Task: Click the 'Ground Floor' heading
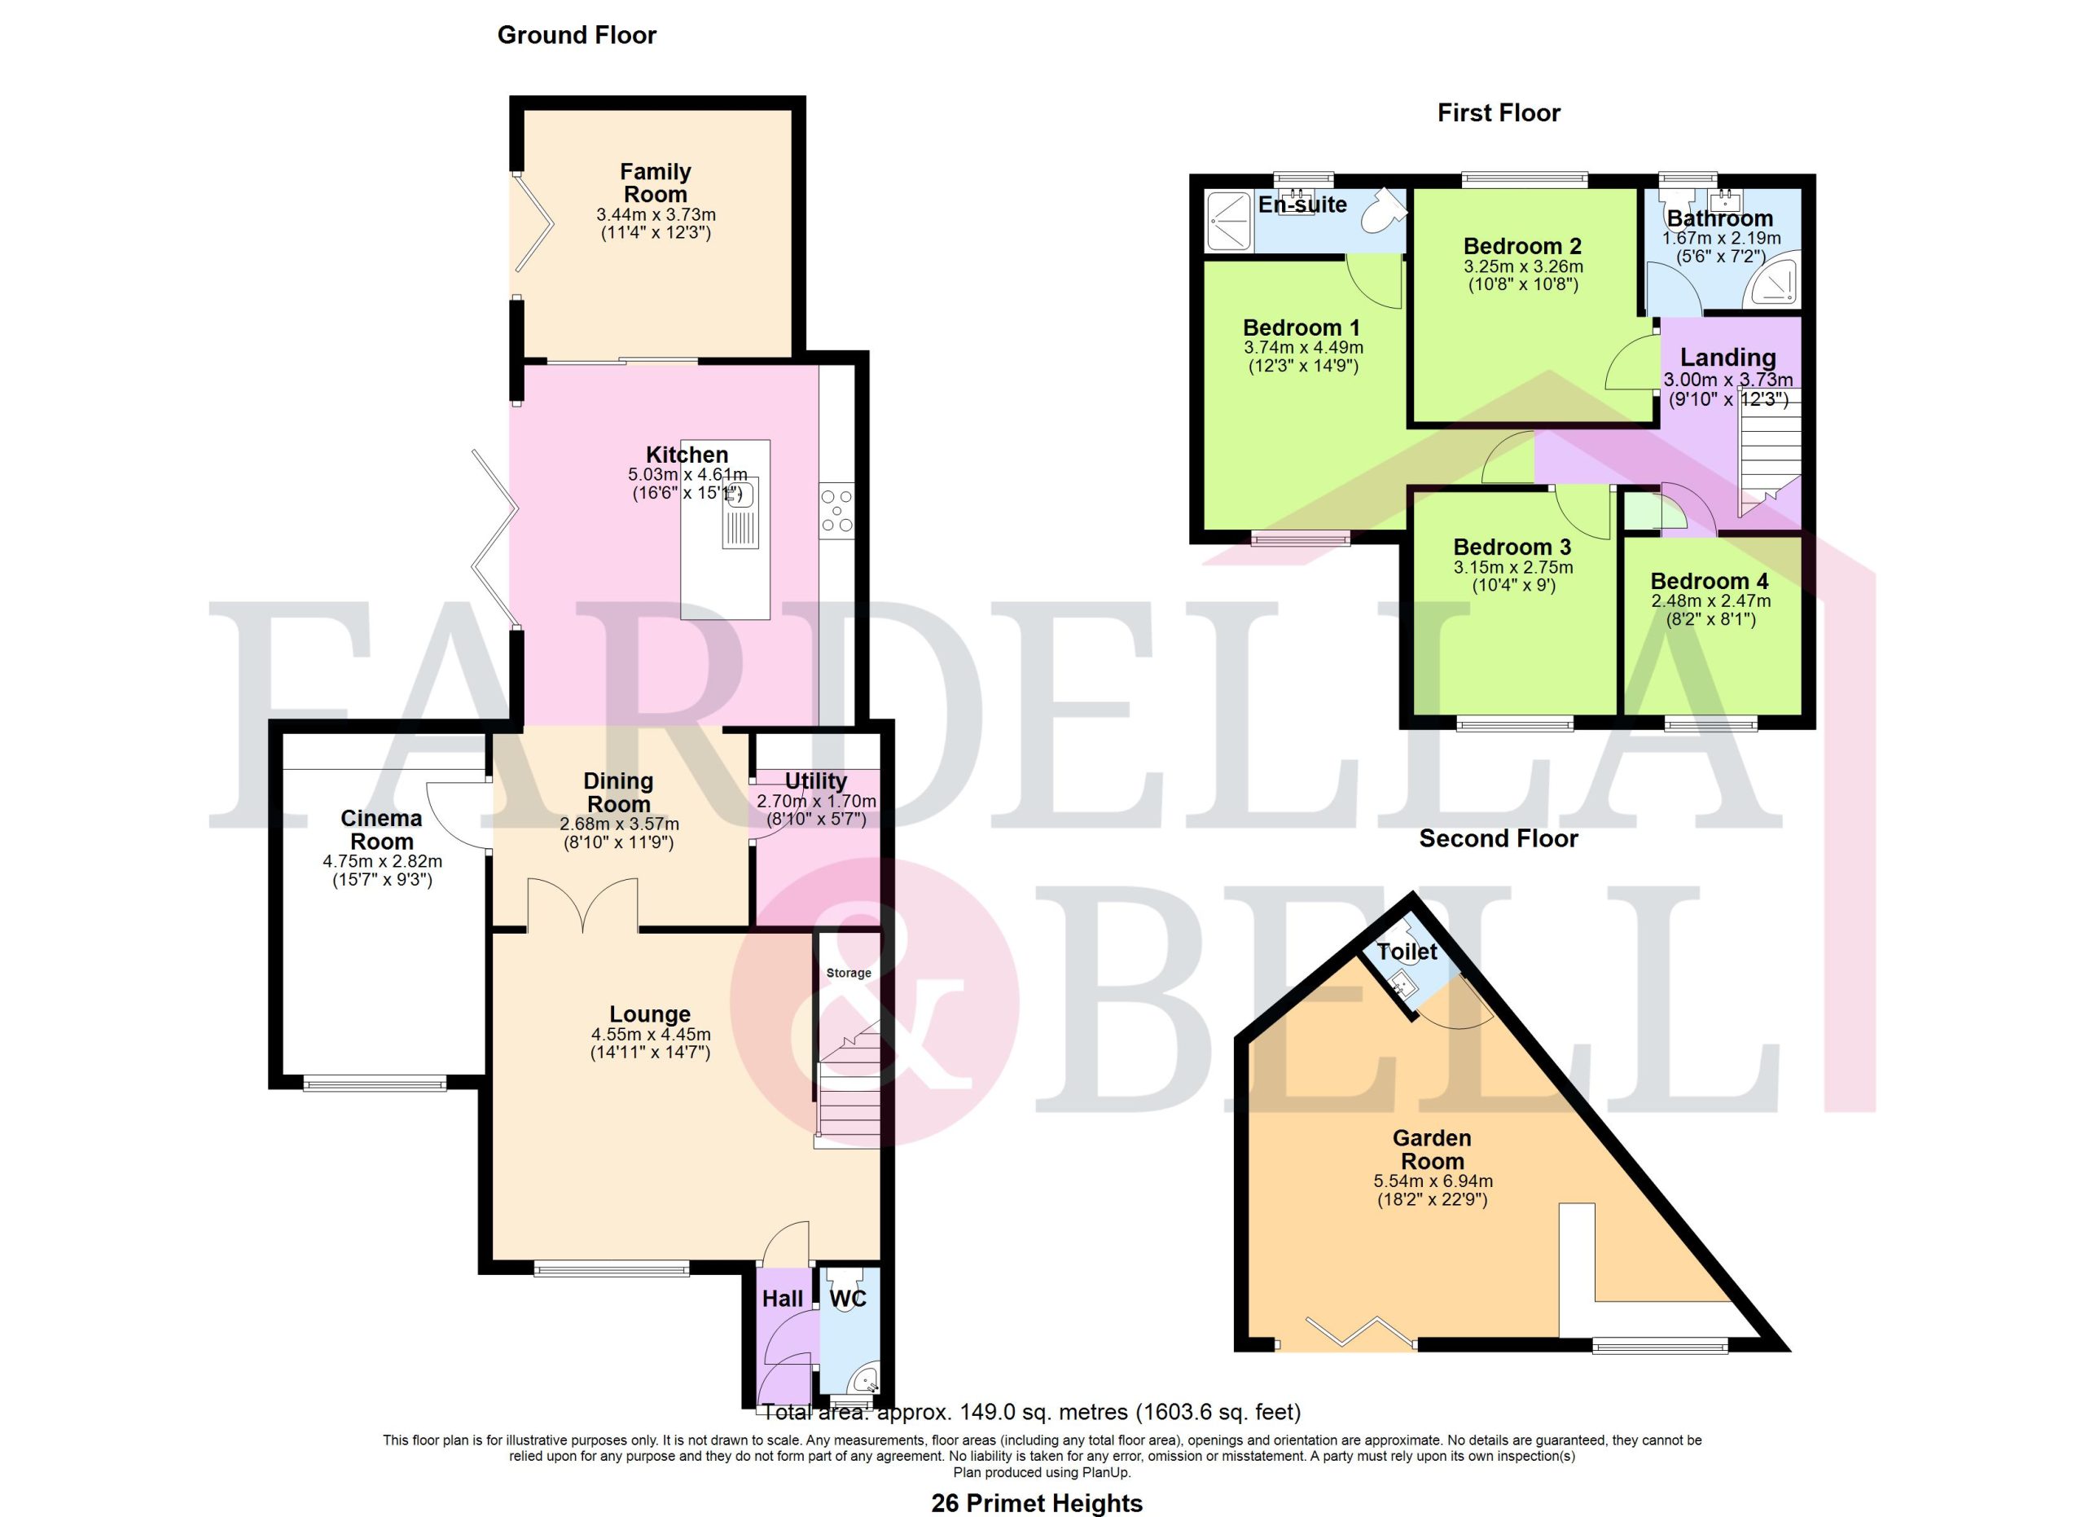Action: (577, 36)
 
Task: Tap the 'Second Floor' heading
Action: (1499, 838)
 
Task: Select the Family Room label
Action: (656, 183)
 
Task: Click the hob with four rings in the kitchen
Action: (836, 511)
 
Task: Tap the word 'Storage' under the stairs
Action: (849, 973)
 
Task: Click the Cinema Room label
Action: (381, 830)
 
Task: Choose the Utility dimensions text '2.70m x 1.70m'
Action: (816, 801)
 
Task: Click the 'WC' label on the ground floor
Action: (848, 1298)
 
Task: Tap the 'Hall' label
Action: (783, 1298)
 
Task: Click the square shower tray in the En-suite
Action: (1228, 221)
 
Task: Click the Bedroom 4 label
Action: (1709, 581)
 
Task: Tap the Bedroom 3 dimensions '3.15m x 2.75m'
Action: (1513, 567)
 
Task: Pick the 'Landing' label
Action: (1728, 358)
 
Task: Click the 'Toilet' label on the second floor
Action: (1407, 952)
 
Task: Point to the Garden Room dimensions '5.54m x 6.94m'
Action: (1433, 1181)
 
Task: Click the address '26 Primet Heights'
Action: (1037, 1503)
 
